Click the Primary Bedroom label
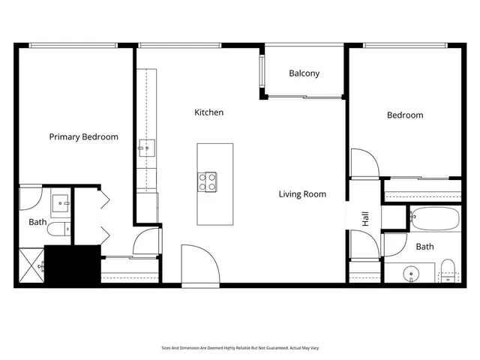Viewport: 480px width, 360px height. (83, 137)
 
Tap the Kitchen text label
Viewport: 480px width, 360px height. (208, 112)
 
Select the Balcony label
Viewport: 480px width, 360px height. (304, 73)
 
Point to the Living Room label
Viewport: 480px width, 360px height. (302, 194)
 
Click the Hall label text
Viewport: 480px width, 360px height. (366, 220)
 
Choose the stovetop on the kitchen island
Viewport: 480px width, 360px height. (208, 181)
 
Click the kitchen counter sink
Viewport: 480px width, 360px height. (145, 148)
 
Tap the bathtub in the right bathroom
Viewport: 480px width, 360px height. (434, 219)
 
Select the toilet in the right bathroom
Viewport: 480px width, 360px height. (448, 270)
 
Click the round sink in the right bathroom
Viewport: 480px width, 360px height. (411, 273)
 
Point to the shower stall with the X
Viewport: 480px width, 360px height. (29, 265)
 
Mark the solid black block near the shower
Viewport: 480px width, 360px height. (72, 264)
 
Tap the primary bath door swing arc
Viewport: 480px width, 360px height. (30, 198)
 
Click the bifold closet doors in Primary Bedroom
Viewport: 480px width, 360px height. (103, 221)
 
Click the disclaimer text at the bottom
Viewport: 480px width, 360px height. (239, 348)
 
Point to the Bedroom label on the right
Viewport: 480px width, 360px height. (405, 115)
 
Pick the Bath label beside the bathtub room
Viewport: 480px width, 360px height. (424, 247)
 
